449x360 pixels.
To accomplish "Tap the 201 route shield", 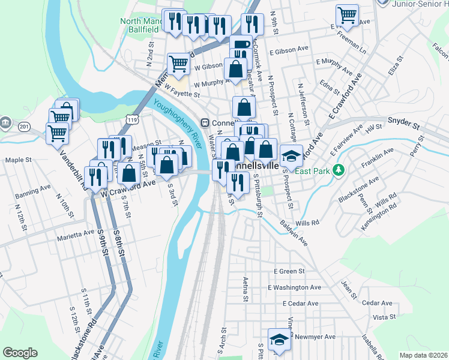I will (24, 127).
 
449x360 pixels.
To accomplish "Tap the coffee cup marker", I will (241, 44).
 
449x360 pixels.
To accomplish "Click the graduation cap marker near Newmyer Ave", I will (279, 340).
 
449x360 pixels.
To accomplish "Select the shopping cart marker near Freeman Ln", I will (347, 14).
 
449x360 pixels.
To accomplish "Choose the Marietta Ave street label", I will (76, 233).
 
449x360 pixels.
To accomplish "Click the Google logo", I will (20, 353).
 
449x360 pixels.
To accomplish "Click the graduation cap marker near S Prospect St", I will (291, 156).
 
